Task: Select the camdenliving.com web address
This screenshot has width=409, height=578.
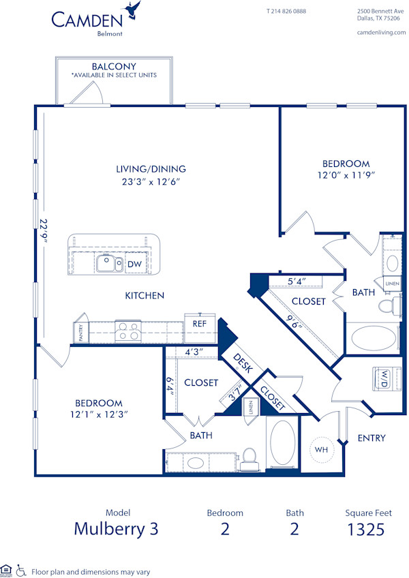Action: (x=381, y=32)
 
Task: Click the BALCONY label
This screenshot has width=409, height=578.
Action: (x=114, y=66)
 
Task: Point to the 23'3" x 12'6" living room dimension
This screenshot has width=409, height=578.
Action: (x=150, y=181)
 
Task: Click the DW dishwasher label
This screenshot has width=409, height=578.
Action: (x=134, y=264)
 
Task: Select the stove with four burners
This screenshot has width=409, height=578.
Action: (x=127, y=331)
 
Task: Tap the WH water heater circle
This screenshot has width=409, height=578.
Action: (x=320, y=451)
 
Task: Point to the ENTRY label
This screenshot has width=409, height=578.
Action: (x=372, y=438)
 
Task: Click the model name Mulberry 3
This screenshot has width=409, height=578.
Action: (x=116, y=529)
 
